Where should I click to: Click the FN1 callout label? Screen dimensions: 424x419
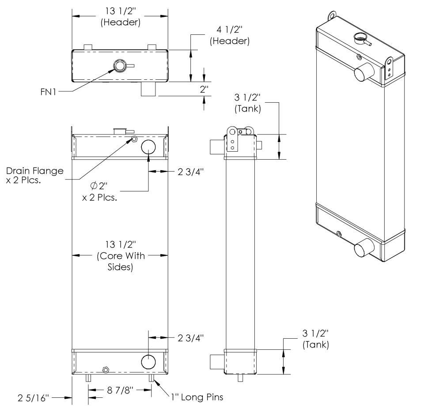[x=49, y=92]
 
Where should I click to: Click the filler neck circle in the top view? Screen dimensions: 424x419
[x=120, y=66]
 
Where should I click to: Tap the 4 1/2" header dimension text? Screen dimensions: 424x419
[x=230, y=35]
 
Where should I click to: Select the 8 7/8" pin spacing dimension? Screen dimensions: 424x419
[x=120, y=390]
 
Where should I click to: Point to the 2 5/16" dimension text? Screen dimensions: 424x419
[x=33, y=398]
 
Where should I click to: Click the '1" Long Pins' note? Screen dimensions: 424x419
[x=197, y=397]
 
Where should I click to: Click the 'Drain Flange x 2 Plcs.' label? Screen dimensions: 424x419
[x=34, y=175]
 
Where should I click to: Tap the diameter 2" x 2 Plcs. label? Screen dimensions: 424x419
[x=99, y=192]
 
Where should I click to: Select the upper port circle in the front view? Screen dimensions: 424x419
[x=148, y=147]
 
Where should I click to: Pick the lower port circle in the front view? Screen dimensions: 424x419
[x=148, y=362]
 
